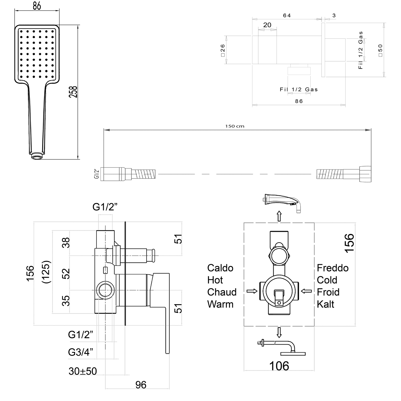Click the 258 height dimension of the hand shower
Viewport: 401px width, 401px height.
[73, 92]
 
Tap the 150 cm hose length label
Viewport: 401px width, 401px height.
[234, 126]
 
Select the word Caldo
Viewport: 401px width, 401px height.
[220, 268]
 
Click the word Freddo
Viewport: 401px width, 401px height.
[333, 268]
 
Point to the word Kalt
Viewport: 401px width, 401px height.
[325, 304]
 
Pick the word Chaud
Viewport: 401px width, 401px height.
[222, 292]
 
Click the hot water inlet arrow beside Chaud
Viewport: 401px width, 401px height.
[252, 291]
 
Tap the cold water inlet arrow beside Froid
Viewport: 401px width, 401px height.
[306, 291]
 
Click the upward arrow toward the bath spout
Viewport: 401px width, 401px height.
[279, 216]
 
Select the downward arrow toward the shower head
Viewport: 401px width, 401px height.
[279, 333]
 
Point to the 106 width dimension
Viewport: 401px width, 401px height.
[279, 366]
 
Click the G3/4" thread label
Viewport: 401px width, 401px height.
[80, 352]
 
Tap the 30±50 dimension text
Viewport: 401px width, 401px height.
[83, 371]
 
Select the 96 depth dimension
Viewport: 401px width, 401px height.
[141, 385]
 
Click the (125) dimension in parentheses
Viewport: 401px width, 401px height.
[47, 272]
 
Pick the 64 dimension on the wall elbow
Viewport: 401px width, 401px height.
[287, 16]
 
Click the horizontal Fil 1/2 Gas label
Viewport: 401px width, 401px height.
[299, 90]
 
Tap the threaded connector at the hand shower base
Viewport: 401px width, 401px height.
[37, 156]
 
